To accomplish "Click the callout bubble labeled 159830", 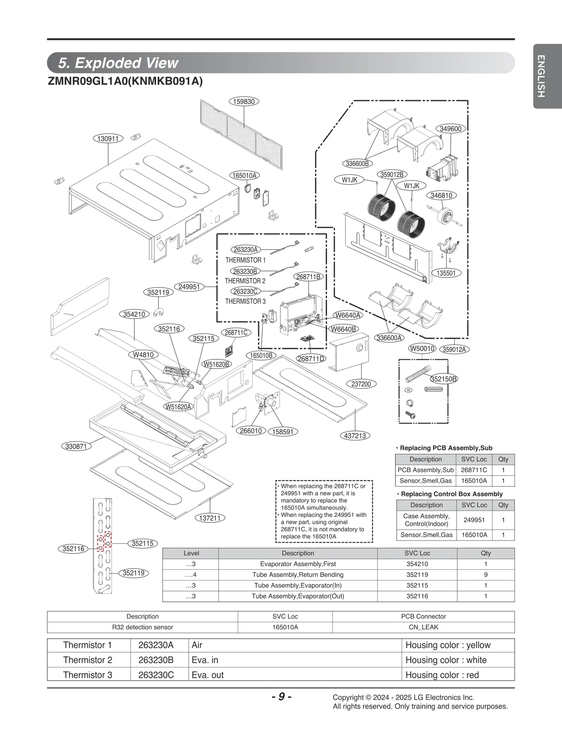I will pos(244,102).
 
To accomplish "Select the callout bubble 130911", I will pos(108,138).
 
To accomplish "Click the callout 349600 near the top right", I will pos(451,129).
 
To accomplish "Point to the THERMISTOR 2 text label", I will pos(245,281).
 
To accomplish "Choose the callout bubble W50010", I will pos(423,348).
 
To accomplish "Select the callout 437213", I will pos(355,436).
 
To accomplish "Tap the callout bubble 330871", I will pos(76,446).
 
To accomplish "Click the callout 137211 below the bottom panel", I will pos(210,518).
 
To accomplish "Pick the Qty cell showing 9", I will pos(485,575).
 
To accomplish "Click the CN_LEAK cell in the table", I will pos(423,627).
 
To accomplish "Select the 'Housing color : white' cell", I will pos(446,660).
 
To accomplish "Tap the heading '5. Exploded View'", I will pos(118,63).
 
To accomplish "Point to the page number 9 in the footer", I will pos(281,697).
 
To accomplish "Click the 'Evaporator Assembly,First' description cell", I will pos(298,564).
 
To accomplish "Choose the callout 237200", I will pos(361,384).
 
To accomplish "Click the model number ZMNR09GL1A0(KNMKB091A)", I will pos(125,81).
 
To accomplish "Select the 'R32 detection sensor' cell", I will pos(143,627).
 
